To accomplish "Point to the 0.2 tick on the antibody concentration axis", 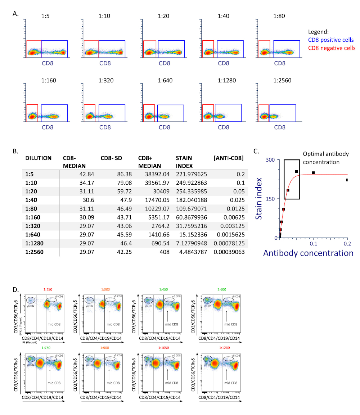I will (347, 244).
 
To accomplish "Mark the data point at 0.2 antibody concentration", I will (347, 180).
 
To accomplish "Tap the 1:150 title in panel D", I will (48, 289).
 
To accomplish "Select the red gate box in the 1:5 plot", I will (34, 49).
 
